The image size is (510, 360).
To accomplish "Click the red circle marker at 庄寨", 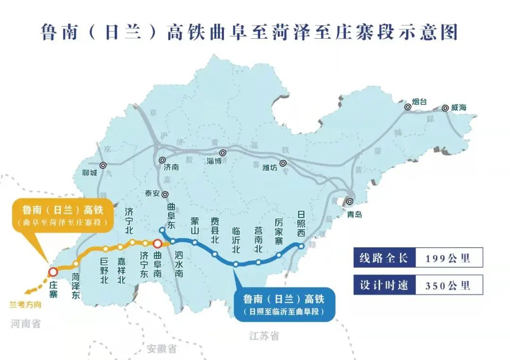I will pyautogui.click(x=53, y=272).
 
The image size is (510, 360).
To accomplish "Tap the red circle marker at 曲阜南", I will pyautogui.click(x=158, y=243).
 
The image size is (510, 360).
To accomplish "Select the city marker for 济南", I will pyautogui.click(x=162, y=160).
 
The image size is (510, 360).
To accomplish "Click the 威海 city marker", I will pyautogui.click(x=445, y=108).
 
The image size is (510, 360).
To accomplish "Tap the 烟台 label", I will pyautogui.click(x=419, y=101).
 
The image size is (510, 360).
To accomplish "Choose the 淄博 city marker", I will pyautogui.click(x=222, y=153).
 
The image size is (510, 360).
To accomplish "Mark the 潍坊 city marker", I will pyautogui.click(x=283, y=163).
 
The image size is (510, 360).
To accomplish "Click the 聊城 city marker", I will pyautogui.click(x=103, y=165).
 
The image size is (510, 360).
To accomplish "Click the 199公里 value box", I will pyautogui.click(x=448, y=258).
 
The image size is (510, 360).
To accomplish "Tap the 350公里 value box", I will pyautogui.click(x=448, y=285).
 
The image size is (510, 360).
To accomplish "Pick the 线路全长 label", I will pyautogui.click(x=384, y=258).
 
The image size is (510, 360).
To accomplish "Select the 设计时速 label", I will pyautogui.click(x=384, y=285).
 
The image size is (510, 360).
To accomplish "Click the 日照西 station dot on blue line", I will pyautogui.click(x=301, y=245).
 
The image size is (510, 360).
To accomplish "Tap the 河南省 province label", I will pyautogui.click(x=26, y=324).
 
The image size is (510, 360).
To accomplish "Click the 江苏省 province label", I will pyautogui.click(x=264, y=336).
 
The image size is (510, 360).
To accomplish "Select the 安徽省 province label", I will pyautogui.click(x=161, y=349).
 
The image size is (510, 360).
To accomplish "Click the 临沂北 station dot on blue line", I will pyautogui.click(x=236, y=264).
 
